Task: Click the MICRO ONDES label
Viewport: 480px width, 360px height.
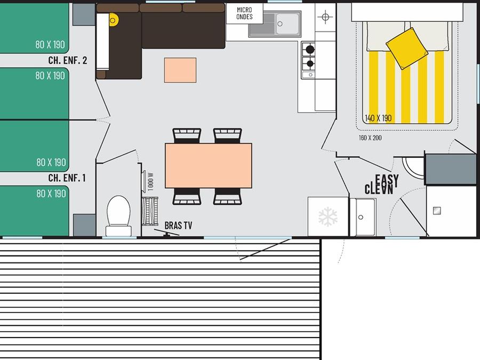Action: pos(244,13)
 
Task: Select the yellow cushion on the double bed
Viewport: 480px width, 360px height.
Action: pos(407,49)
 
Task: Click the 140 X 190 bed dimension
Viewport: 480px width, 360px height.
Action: pos(378,118)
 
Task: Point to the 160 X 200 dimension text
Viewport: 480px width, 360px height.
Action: pos(370,138)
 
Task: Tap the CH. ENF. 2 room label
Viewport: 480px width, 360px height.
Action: pos(68,60)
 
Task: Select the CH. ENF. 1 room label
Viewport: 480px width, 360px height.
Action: pos(67,178)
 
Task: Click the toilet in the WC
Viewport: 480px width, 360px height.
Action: pos(118,215)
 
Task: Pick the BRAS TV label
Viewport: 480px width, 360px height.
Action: pos(179,226)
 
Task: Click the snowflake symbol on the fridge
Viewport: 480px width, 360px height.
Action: pos(328,217)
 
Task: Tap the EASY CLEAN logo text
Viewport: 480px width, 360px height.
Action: pos(382,185)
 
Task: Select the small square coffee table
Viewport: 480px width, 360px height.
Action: pos(180,70)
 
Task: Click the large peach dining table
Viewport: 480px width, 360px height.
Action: pos(209,166)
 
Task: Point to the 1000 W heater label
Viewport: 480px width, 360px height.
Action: pos(150,182)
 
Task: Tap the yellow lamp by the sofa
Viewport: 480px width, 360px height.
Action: pos(113,20)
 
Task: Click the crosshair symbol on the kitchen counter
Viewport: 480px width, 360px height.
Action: pos(325,17)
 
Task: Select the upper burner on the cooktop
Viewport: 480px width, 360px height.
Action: pos(310,49)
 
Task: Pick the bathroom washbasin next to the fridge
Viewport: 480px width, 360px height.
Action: pos(363,217)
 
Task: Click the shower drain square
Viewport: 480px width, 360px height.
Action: pos(437,211)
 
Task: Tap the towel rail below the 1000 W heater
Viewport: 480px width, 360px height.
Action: pos(150,211)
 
